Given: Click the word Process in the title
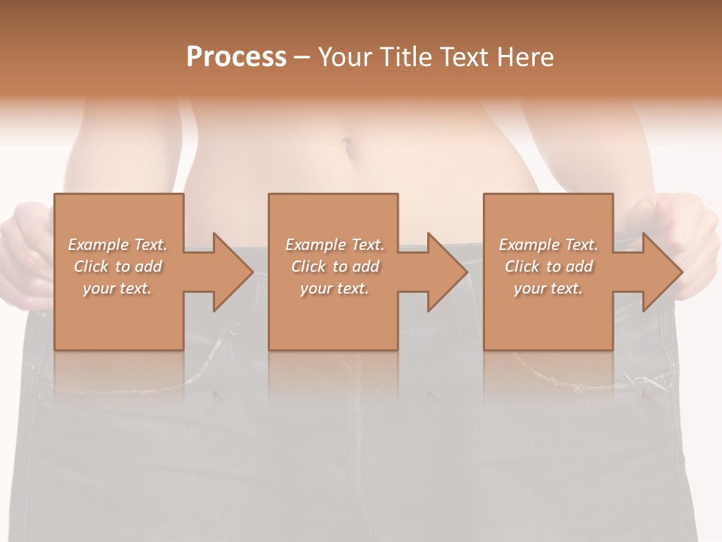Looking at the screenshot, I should point(236,57).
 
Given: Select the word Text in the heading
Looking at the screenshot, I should point(463,57).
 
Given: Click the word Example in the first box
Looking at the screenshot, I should point(98,245).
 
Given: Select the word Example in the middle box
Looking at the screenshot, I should point(315,245).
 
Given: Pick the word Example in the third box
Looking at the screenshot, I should point(529,245).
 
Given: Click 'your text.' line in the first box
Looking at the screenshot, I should point(117,288).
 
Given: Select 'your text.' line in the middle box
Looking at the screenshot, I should point(334,288).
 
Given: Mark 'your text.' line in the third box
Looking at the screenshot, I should point(548,288).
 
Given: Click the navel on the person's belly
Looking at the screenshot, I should point(347,144).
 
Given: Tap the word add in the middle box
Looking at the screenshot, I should point(365,266).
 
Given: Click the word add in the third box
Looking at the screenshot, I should point(578,266).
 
